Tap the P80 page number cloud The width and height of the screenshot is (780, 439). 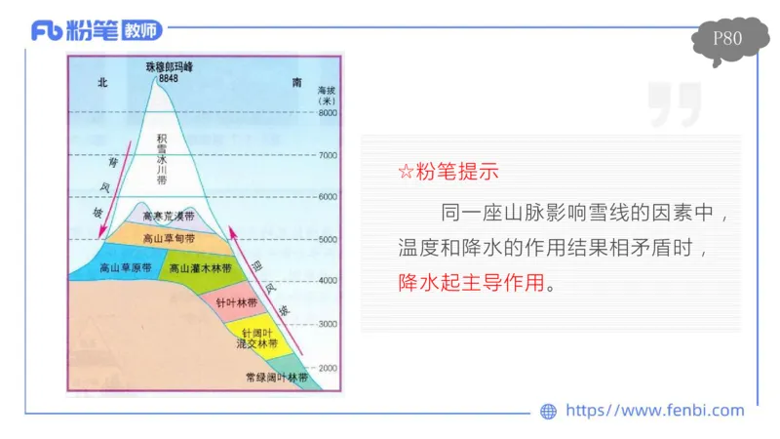pos(727,40)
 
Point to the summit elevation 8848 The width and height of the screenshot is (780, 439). pos(169,78)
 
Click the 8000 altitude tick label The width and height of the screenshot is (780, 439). pos(328,113)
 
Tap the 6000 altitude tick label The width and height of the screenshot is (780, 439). pos(328,196)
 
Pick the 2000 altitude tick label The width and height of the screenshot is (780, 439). pos(328,369)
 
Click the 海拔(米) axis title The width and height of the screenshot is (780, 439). pos(328,97)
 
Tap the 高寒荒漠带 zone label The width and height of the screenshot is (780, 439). pos(168,217)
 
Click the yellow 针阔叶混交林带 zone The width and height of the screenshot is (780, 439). pos(257,339)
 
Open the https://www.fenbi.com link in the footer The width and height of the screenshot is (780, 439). pos(653,411)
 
